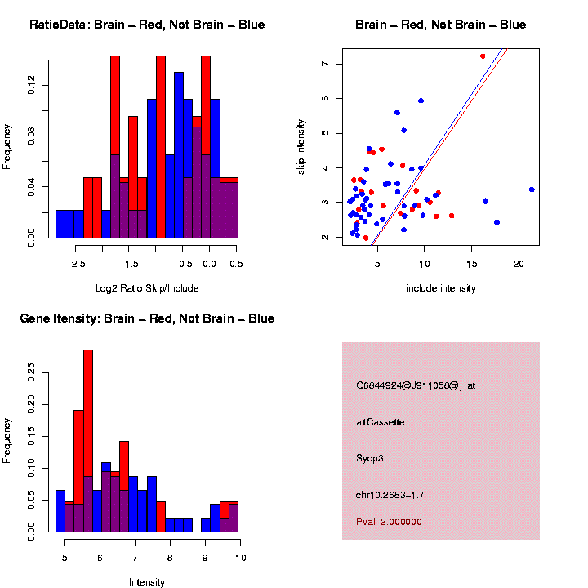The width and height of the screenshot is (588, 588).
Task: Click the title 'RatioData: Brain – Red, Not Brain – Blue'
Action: click(147, 24)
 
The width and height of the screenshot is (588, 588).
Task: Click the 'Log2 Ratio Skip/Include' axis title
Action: click(147, 287)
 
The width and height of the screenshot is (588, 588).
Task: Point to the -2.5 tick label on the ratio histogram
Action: click(76, 264)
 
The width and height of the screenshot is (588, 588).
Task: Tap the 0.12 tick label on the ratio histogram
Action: click(32, 85)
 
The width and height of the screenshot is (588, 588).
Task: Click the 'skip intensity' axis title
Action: click(301, 146)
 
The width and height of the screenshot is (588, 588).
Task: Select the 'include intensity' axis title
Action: click(440, 288)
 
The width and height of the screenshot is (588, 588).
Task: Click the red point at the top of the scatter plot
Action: click(483, 56)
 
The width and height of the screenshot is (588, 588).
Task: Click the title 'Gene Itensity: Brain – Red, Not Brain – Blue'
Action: click(147, 318)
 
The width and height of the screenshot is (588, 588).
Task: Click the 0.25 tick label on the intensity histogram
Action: click(32, 374)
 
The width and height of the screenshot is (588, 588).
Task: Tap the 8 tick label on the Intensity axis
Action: click(170, 558)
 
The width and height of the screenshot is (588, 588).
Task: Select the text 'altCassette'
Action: click(381, 422)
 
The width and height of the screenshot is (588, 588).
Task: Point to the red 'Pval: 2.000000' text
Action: click(389, 521)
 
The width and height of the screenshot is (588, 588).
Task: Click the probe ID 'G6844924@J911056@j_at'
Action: click(416, 385)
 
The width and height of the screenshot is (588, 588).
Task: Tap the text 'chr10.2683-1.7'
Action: click(390, 495)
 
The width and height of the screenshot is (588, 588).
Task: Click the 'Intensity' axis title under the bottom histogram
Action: click(147, 582)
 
